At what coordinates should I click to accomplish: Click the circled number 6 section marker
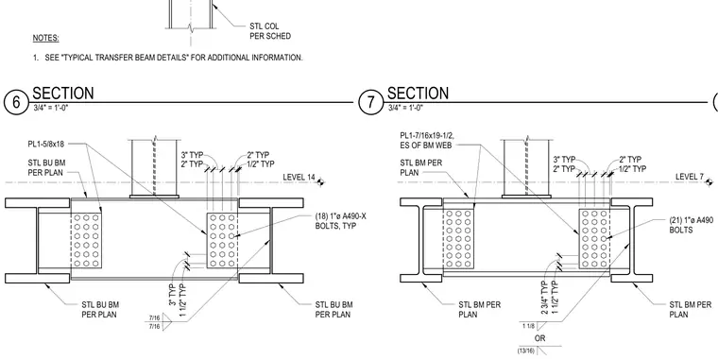(x=16, y=102)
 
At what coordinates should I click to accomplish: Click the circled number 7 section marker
(x=370, y=102)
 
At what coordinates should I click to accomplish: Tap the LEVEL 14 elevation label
(x=299, y=178)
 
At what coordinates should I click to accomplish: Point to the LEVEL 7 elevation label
(x=690, y=177)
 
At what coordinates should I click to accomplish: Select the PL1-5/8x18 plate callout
(x=45, y=145)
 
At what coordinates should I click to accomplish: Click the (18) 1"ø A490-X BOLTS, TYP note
(x=341, y=221)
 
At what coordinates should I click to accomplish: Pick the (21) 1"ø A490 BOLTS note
(x=693, y=225)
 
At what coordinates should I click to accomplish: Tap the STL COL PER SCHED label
(x=270, y=31)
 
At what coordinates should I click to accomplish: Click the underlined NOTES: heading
(x=45, y=38)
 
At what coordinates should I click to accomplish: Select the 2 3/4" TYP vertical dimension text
(x=545, y=298)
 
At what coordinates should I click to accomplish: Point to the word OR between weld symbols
(x=540, y=338)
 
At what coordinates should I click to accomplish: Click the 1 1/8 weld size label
(x=528, y=326)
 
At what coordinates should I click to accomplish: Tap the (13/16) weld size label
(x=526, y=351)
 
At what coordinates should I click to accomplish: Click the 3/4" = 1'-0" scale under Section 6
(x=51, y=108)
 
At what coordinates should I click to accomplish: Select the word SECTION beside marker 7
(x=419, y=93)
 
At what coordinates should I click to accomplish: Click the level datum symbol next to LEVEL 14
(x=320, y=182)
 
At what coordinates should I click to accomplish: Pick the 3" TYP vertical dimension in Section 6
(x=173, y=295)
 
